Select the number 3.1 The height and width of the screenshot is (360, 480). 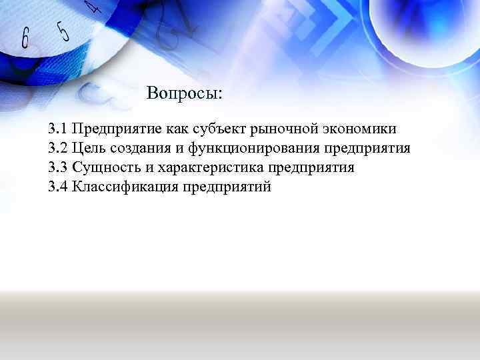(58, 128)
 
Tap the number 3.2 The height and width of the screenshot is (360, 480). (58, 147)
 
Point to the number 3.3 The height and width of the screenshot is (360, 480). (58, 167)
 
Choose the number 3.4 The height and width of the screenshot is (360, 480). (58, 186)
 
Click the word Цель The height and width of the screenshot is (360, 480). (89, 147)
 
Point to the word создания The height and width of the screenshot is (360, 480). (137, 147)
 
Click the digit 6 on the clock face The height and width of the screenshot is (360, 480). (25, 39)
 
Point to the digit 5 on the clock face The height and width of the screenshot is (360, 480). (63, 31)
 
